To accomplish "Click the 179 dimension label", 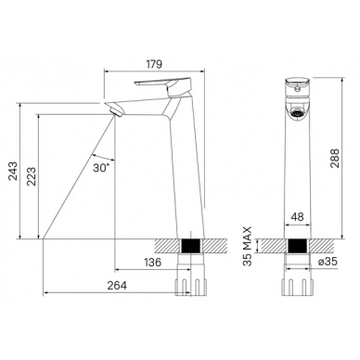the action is pos(154,64).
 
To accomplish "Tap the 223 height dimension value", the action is pos(32,176).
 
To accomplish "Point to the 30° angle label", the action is pos(101,167).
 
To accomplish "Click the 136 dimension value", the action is pos(153,262).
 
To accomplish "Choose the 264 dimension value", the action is pos(117,285).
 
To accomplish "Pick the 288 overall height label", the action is pos(335,158).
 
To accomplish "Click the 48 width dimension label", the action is pos(297,216).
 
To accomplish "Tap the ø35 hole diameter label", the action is pos(328,262).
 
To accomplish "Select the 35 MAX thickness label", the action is pos(248,246).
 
